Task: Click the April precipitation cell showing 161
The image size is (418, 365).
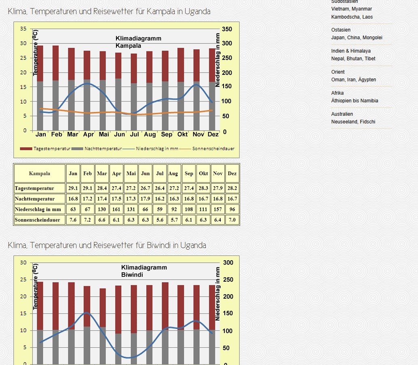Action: (x=116, y=209)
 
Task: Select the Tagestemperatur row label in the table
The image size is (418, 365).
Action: (x=34, y=188)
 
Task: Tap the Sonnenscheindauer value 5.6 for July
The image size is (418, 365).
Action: (x=160, y=220)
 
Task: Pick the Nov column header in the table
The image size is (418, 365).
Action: (x=217, y=173)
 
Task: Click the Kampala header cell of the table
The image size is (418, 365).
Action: (x=40, y=173)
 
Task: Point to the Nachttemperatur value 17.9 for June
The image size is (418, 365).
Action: (x=145, y=199)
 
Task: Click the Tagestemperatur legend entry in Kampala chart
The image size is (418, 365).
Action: (x=45, y=149)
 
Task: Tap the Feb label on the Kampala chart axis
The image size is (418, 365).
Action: (x=57, y=134)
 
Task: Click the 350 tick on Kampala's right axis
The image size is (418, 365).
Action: (x=227, y=29)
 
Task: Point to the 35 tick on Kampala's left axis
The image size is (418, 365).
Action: (x=23, y=29)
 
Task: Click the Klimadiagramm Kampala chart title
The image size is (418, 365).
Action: (x=138, y=42)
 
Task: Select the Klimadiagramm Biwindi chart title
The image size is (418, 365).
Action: (x=144, y=271)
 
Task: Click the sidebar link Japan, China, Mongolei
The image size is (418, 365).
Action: (x=357, y=38)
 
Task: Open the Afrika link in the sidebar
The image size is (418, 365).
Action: (x=338, y=93)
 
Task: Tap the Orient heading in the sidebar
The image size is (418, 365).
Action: (x=338, y=72)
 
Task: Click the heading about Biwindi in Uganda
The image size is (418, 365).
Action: (x=107, y=245)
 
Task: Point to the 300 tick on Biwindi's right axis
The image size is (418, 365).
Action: (x=228, y=263)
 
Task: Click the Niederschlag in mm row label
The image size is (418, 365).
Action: (x=38, y=209)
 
